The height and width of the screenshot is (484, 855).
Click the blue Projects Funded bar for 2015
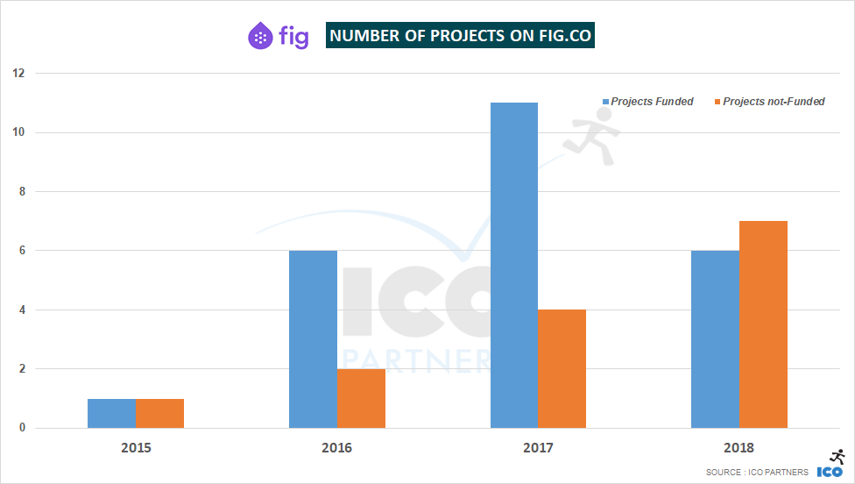(112, 414)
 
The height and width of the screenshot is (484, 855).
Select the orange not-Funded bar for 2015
(160, 414)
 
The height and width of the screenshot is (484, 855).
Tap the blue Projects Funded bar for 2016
(313, 339)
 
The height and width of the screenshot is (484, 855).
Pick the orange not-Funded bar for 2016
(361, 399)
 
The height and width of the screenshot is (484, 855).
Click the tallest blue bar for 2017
(514, 266)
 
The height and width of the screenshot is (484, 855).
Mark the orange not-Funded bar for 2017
(562, 369)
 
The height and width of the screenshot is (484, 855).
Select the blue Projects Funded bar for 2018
(715, 339)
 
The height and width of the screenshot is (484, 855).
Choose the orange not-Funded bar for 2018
(763, 324)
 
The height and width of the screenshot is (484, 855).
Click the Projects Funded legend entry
(647, 102)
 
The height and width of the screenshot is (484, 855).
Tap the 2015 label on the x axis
(136, 447)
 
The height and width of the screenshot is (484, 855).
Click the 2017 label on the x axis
(538, 447)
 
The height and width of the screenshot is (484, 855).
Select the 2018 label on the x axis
(738, 447)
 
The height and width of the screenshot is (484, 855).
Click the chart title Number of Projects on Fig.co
(460, 36)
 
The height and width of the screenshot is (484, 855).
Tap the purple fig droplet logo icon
(260, 36)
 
